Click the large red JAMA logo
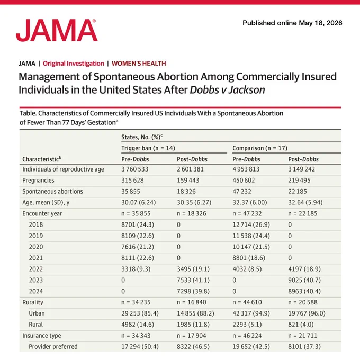pos(57,30)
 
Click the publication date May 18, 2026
pos(320,23)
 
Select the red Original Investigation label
pos(74,64)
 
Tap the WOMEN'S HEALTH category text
pos(139,64)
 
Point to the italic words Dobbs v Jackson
pos(227,90)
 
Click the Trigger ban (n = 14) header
pos(148,148)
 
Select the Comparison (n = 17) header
pos(260,148)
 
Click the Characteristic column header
pos(42,159)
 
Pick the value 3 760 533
pos(135,169)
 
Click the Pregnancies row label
pos(38,181)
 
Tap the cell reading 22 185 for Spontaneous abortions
pos(298,191)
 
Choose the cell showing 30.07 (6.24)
pos(139,202)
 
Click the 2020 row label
pos(36,247)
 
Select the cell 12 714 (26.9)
pos(251,224)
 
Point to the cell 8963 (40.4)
pos(304,291)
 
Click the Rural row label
pos(36,325)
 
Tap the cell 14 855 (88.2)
pos(195,313)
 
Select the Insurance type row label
pos(41,336)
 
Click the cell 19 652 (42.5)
pos(251,347)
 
